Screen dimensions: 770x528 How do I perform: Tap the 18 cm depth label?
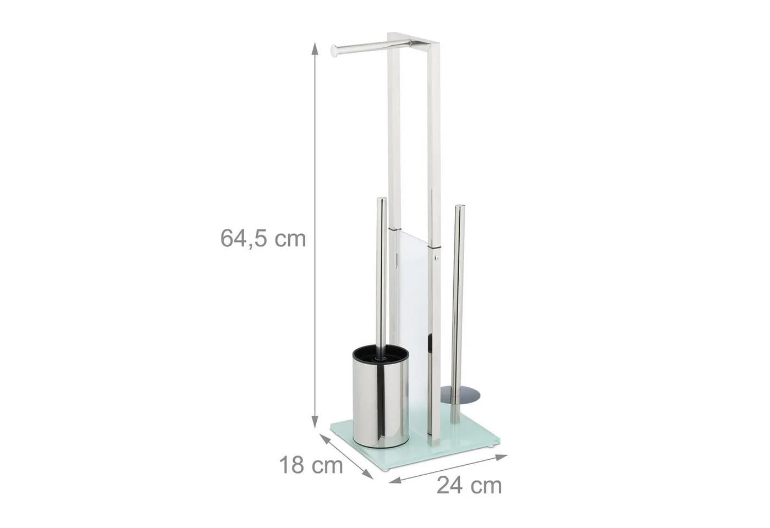[x=311, y=465]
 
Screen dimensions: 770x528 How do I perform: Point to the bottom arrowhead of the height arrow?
[x=314, y=422]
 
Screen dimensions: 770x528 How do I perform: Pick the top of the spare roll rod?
[x=460, y=208]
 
